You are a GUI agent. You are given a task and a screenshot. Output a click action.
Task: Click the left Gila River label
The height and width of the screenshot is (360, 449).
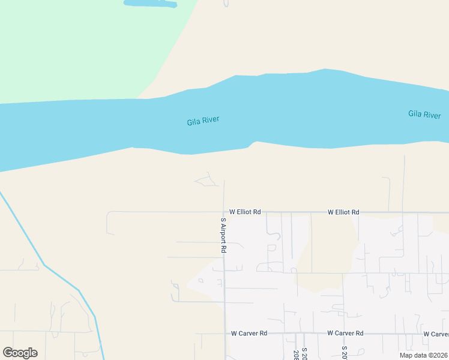pos(203,121)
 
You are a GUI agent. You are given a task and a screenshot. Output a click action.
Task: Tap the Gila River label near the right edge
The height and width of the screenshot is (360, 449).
pos(424,115)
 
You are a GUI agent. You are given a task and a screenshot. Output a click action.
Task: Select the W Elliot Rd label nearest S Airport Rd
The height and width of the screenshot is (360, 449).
pos(245,212)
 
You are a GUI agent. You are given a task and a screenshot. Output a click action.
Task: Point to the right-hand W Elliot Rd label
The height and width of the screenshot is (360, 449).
pos(343,212)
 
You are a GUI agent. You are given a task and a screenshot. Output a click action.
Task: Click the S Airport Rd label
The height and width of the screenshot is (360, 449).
pos(223,235)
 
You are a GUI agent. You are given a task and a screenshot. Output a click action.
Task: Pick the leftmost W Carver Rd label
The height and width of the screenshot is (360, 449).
pos(249,333)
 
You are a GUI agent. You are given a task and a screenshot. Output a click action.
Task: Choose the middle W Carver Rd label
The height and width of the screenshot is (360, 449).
pos(345,333)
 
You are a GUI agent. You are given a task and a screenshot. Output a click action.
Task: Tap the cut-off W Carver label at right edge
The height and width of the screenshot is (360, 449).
pos(436,334)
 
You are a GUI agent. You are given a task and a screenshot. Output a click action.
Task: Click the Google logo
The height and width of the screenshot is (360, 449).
pos(20,353)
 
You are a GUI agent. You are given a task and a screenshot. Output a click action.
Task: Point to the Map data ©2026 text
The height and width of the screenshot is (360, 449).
pos(423,355)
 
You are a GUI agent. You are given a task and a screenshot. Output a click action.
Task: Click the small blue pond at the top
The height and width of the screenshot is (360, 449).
pos(150,3)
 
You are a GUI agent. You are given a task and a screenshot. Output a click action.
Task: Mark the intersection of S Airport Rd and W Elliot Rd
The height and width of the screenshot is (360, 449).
pos(224,212)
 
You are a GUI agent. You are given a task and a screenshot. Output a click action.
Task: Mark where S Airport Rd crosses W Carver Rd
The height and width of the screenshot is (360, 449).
pos(225,334)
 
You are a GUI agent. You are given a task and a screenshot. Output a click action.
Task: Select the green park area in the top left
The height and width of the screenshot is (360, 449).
pos(78,42)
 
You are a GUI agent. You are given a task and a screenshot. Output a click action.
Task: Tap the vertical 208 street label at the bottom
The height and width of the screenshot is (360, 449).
pos(296,355)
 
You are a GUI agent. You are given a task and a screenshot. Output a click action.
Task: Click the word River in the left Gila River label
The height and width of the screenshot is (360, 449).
pos(211,120)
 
